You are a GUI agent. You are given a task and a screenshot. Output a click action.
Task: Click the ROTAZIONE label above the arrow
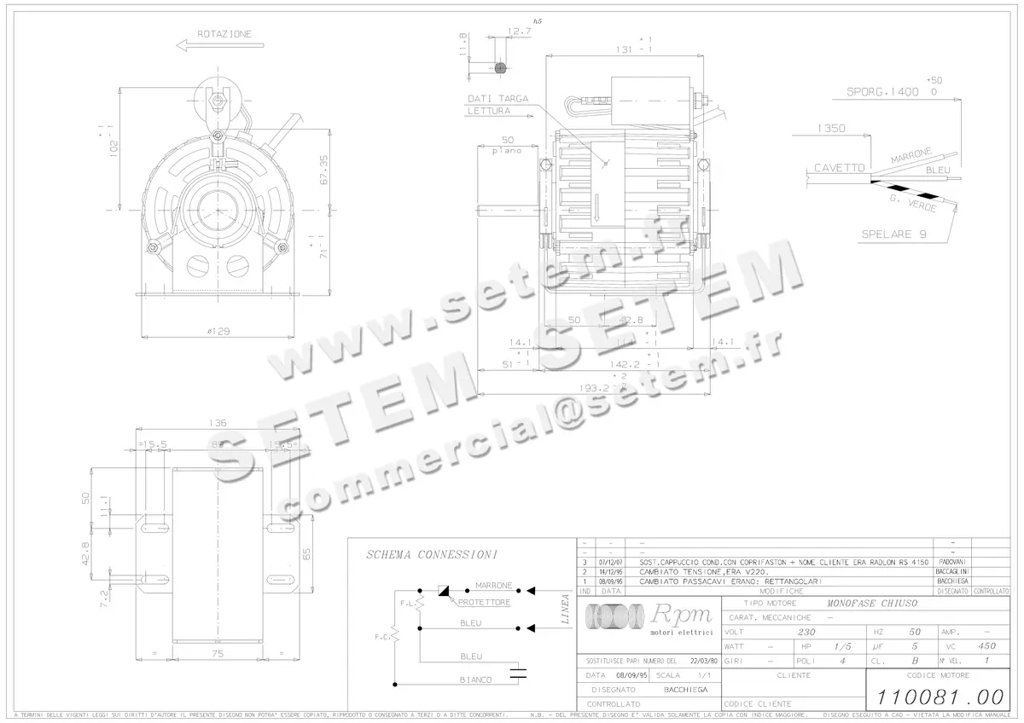click(x=224, y=34)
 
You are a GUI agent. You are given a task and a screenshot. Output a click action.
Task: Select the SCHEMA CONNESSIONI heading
click(x=432, y=554)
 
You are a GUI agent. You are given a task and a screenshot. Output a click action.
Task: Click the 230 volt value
click(x=806, y=633)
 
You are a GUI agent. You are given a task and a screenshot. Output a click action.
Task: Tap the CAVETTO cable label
click(x=838, y=168)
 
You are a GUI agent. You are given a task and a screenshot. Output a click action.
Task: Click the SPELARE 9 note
click(x=893, y=234)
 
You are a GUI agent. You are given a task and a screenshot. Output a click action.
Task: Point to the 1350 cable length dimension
click(x=830, y=129)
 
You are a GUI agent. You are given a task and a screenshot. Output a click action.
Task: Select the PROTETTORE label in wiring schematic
click(x=484, y=602)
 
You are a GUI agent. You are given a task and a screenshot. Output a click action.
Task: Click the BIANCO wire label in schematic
click(x=475, y=680)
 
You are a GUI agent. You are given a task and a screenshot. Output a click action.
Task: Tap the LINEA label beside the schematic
click(x=565, y=609)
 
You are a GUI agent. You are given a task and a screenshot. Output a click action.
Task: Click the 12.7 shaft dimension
click(x=518, y=32)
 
